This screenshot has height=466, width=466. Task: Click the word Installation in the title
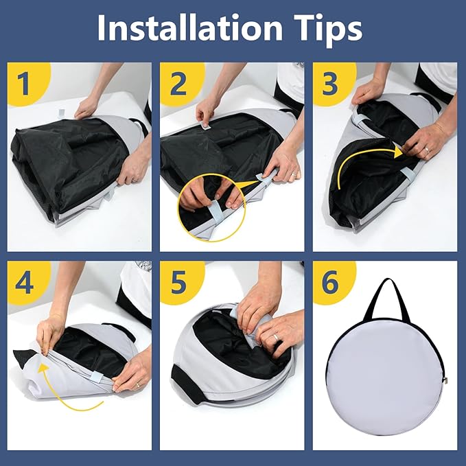click(x=189, y=27)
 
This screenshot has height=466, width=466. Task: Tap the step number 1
click(x=23, y=84)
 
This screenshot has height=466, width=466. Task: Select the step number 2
click(x=178, y=84)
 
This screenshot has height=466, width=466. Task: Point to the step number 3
click(x=330, y=84)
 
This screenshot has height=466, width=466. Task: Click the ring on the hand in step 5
click(x=276, y=337)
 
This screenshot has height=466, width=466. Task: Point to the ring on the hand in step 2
click(x=293, y=174)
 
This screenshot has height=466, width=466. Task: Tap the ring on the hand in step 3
click(x=427, y=150)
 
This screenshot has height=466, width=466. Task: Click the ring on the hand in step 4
click(x=137, y=386)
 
